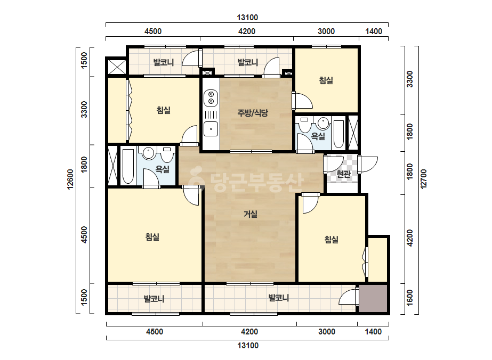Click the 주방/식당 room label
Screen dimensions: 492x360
pyautogui.click(x=253, y=113)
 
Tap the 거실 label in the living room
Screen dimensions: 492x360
pyautogui.click(x=251, y=214)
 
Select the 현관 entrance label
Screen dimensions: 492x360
pyautogui.click(x=343, y=174)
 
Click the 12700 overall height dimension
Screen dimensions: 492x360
pyautogui.click(x=424, y=179)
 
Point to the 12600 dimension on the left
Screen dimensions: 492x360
pyautogui.click(x=70, y=179)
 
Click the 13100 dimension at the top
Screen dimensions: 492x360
pyautogui.click(x=247, y=18)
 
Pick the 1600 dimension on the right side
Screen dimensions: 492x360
pyautogui.click(x=409, y=298)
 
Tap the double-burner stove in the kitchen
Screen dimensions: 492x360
pyautogui.click(x=211, y=97)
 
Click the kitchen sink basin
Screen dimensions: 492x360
pyautogui.click(x=211, y=129)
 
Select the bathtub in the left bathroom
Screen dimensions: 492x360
pyautogui.click(x=128, y=167)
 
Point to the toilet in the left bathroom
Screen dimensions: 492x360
pyautogui.click(x=167, y=154)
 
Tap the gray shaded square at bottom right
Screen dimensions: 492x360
pyautogui.click(x=373, y=299)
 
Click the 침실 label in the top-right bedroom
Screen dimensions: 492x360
pyautogui.click(x=326, y=80)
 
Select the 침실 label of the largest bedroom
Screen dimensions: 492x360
pyautogui.click(x=152, y=237)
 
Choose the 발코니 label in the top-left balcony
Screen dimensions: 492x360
pyautogui.click(x=163, y=62)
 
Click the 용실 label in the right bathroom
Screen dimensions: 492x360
pyautogui.click(x=318, y=136)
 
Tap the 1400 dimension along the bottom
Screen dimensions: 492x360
pyautogui.click(x=373, y=332)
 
